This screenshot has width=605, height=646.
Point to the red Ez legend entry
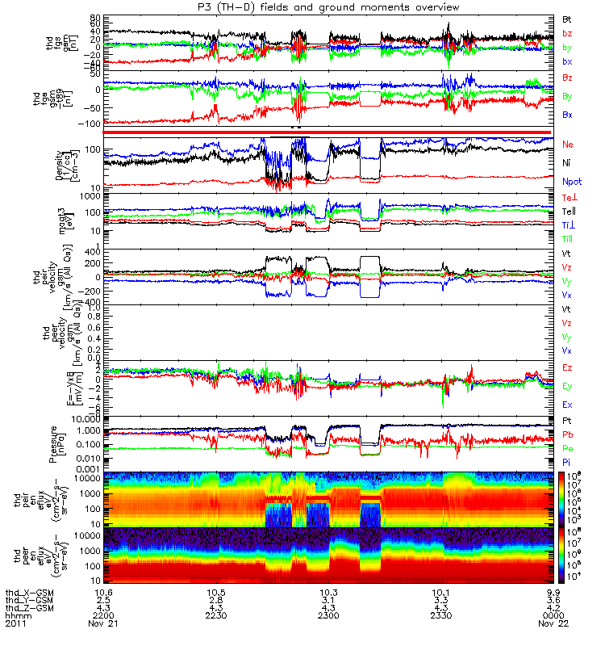(x=568, y=367)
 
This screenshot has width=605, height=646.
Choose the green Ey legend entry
(x=568, y=386)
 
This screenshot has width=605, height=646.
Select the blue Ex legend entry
(x=568, y=405)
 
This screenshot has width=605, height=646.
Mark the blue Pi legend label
(x=567, y=461)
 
